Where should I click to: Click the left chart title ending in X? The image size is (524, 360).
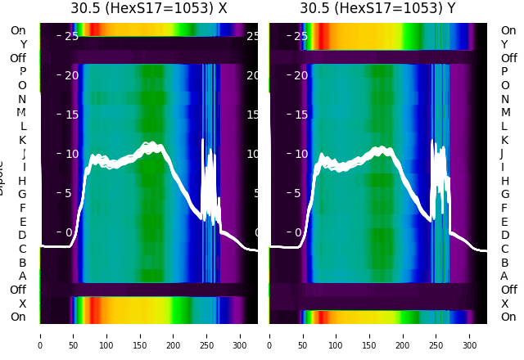[148, 9]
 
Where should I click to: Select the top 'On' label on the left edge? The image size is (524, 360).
[18, 30]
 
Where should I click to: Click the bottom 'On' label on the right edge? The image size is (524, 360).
[508, 317]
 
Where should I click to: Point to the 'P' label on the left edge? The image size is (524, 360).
[22, 71]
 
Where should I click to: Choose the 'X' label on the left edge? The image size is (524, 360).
[22, 304]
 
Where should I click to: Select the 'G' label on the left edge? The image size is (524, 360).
[22, 194]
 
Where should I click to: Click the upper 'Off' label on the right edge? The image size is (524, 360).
[508, 58]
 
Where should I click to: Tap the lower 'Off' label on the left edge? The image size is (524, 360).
[18, 290]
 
